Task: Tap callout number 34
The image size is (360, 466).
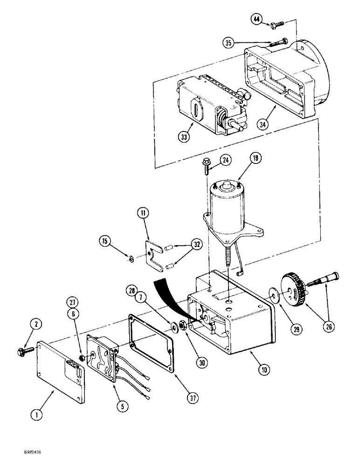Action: tap(263, 124)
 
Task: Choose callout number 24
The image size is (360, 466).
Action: tap(226, 161)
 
